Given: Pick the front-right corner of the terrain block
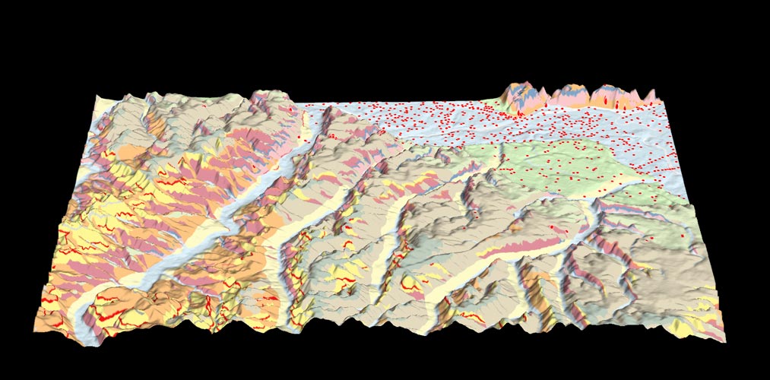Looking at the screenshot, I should pyautogui.click(x=726, y=341).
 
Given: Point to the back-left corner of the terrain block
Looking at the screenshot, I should pyautogui.click(x=97, y=96).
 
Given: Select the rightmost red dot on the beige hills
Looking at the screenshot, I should pyautogui.click(x=683, y=236).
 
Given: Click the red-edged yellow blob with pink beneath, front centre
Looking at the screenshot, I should pyautogui.click(x=411, y=285).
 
